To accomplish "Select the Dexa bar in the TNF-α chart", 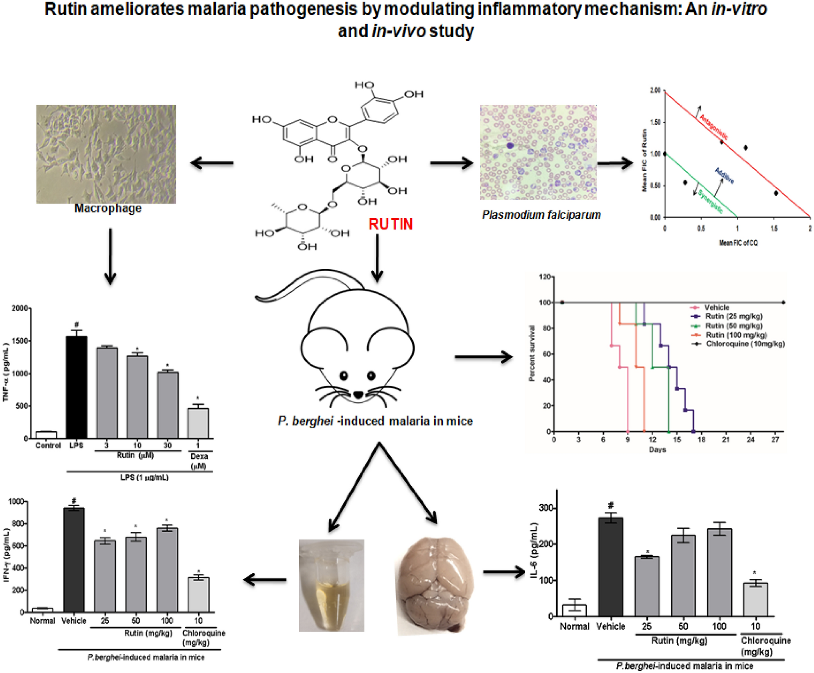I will pyautogui.click(x=198, y=423).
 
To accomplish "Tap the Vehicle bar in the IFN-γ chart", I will pyautogui.click(x=74, y=559).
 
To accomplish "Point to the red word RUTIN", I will pyautogui.click(x=391, y=224).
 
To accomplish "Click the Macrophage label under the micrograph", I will pyautogui.click(x=108, y=209).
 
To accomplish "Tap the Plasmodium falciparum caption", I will pyautogui.click(x=541, y=215).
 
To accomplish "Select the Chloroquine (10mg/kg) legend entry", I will pyautogui.click(x=745, y=344).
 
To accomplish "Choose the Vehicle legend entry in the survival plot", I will pyautogui.click(x=717, y=308).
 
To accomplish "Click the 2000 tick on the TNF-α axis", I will pyautogui.click(x=20, y=308).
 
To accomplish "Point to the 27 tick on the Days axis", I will pyautogui.click(x=775, y=440).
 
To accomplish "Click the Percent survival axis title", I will pyautogui.click(x=532, y=353).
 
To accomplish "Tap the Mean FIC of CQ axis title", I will pyautogui.click(x=738, y=243).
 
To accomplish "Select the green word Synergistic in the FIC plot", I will pyautogui.click(x=711, y=202).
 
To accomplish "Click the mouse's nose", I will pyautogui.click(x=358, y=395).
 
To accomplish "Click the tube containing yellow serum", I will pyautogui.click(x=332, y=586).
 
